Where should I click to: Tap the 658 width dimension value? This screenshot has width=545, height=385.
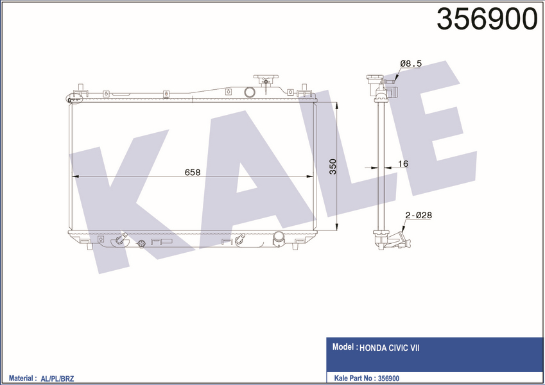click(193, 172)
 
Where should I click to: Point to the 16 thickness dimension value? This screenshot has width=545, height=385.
click(402, 164)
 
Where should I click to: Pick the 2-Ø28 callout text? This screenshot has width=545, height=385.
click(418, 216)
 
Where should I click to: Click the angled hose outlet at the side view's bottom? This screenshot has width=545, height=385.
click(402, 243)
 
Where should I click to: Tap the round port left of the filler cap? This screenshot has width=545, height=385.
click(250, 92)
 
